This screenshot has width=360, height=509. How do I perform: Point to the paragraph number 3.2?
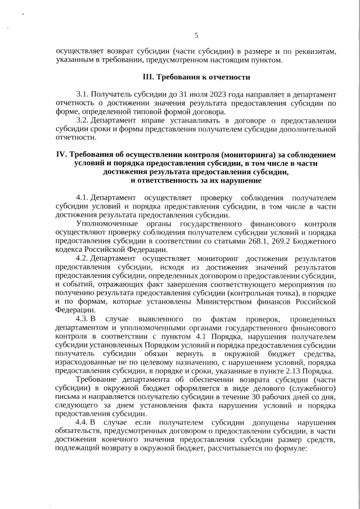click(x=82, y=120)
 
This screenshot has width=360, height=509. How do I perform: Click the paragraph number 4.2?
click(x=82, y=258)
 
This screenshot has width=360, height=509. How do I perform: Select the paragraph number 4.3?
click(x=82, y=318)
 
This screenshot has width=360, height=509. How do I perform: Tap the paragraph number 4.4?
click(x=82, y=421)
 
